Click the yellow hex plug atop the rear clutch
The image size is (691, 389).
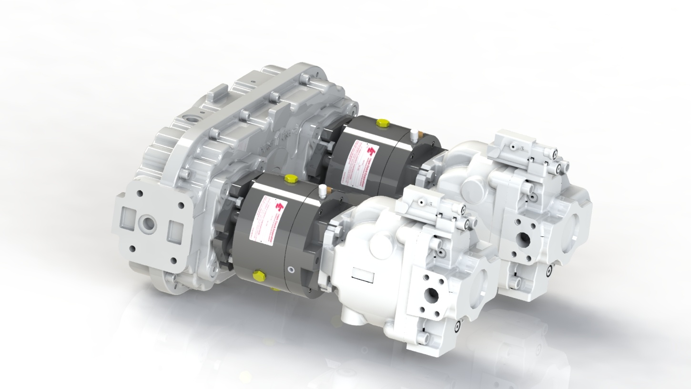[382, 123]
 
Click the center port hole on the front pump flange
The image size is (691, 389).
[431, 296]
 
